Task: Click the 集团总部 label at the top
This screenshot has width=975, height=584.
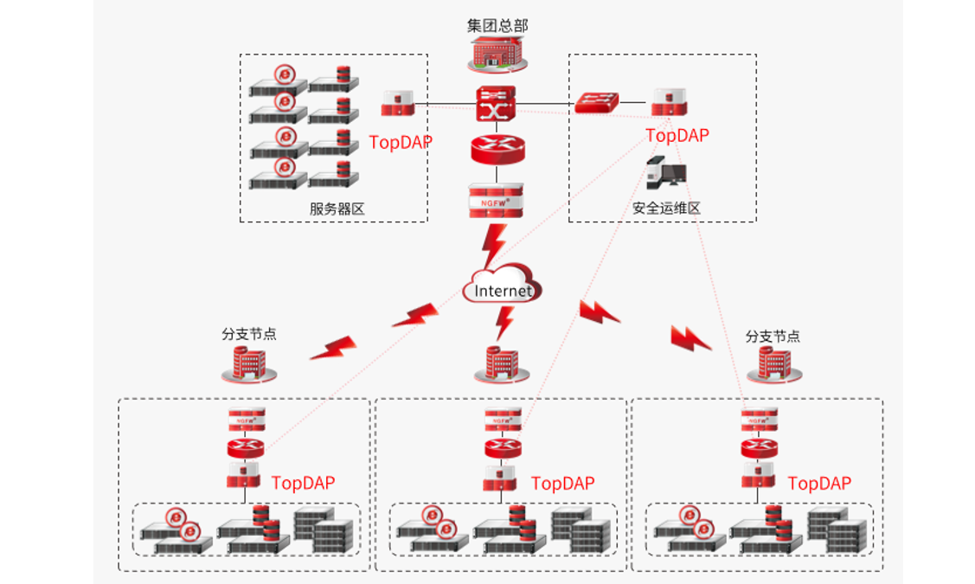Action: click(497, 26)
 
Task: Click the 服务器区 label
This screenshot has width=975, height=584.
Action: click(337, 209)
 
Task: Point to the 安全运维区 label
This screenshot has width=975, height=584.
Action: click(665, 209)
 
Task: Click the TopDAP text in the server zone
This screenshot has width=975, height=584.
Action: click(400, 143)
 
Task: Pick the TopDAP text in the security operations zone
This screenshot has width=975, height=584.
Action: click(677, 136)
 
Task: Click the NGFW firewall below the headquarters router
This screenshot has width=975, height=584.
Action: click(496, 201)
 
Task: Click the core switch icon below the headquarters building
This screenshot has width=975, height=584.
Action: click(496, 105)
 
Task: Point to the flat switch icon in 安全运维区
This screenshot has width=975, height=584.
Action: click(597, 103)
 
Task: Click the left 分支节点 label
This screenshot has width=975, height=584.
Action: click(249, 335)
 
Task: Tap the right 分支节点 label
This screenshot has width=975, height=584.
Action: click(773, 337)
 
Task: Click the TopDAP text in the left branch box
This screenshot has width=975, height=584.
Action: click(303, 484)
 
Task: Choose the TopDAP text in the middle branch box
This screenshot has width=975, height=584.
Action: click(562, 484)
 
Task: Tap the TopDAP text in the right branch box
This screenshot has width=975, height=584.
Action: click(819, 484)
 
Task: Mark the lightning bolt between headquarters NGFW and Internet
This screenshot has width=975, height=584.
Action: click(494, 246)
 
